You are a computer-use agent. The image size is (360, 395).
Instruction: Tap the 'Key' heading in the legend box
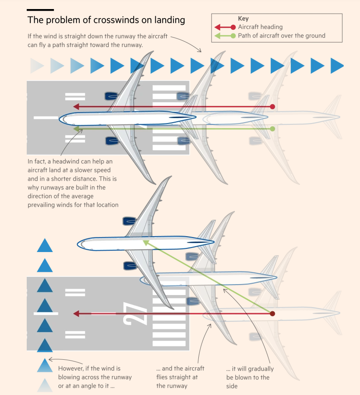point(243,19)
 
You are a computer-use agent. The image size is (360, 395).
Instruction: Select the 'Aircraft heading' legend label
point(260,27)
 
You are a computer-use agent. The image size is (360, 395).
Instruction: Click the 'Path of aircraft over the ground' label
point(282,36)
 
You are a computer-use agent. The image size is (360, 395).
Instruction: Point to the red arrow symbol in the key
point(225,27)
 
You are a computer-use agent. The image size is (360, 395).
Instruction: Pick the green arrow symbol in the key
point(225,36)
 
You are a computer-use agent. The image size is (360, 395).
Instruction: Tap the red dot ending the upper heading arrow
point(272,107)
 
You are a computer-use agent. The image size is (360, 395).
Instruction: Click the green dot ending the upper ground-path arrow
point(272,129)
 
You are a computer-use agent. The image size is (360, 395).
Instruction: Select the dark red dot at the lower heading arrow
point(272,314)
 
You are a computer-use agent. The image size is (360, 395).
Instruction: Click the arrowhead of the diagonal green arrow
point(146,243)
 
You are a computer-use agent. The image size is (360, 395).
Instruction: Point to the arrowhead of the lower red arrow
point(76,314)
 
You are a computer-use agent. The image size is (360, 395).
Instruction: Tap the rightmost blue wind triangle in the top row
point(337,66)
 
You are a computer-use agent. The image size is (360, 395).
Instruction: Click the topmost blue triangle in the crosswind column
point(45,245)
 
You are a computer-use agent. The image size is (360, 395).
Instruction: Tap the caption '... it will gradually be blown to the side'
point(250,377)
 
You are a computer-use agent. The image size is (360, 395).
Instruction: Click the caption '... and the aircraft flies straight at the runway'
point(180,377)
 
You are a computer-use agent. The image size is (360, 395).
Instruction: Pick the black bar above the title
point(40,10)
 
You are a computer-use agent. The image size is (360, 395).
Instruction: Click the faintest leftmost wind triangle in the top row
point(37,66)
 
